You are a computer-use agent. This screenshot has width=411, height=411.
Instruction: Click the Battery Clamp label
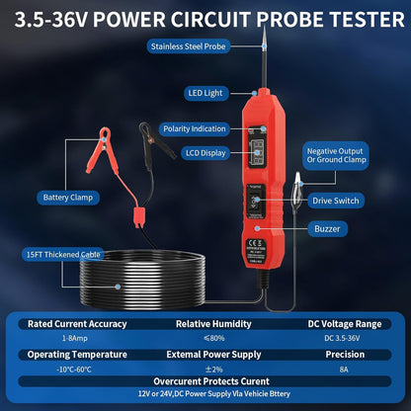pyautogui.click(x=68, y=197)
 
